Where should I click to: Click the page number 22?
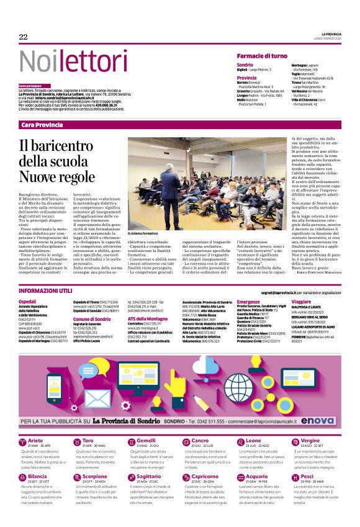pos(24,37)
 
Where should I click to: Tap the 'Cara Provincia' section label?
pos(42,125)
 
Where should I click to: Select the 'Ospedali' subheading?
pos(28,301)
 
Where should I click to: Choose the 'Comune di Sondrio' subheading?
pos(91,318)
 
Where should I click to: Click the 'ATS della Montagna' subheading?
pos(148,318)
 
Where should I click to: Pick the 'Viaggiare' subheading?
pos(302,301)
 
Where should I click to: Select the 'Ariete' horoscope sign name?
pos(35,440)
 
